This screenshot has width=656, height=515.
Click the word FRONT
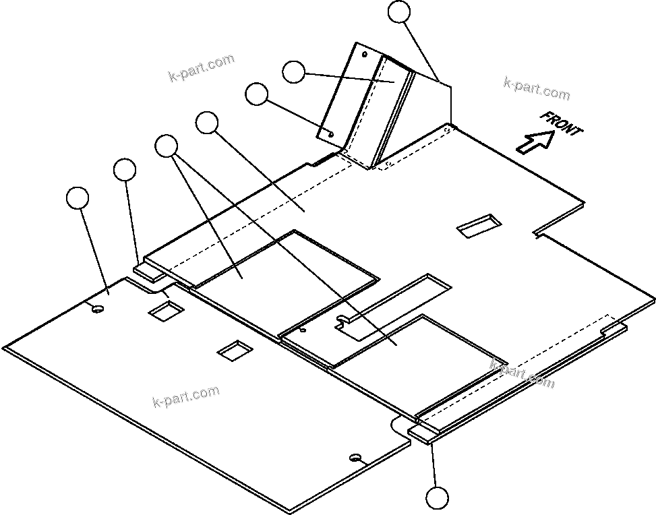tap(561, 123)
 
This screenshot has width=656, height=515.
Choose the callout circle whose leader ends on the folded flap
tap(293, 71)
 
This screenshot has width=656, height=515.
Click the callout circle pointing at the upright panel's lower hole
tap(256, 94)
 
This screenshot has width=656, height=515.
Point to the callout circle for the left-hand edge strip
tap(125, 170)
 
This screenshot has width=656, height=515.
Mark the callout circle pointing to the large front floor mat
tap(206, 123)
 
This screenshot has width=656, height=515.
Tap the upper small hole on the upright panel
tap(365, 53)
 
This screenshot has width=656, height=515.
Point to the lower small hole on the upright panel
tap(331, 133)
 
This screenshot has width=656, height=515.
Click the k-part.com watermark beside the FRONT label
tap(537, 88)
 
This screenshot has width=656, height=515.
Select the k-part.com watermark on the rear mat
tap(186, 397)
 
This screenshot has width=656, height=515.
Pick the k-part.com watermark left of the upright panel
tap(202, 67)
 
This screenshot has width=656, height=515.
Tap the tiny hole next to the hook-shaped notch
tap(303, 330)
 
